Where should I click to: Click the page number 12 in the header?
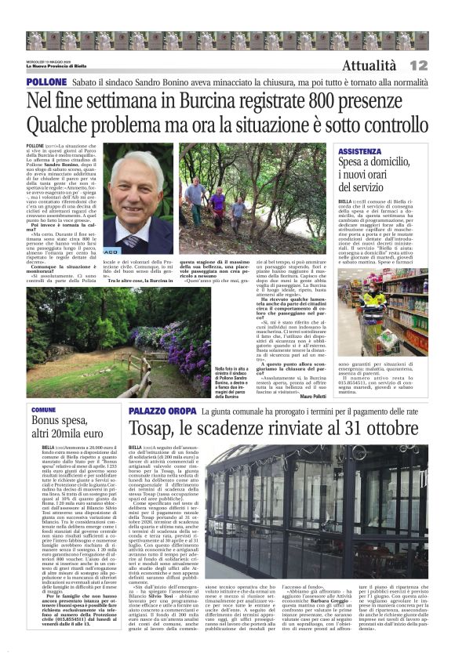pos(418,65)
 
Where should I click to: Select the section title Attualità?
pos(369,66)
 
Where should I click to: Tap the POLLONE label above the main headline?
pos(46,82)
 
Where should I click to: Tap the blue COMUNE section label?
pos(44,410)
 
